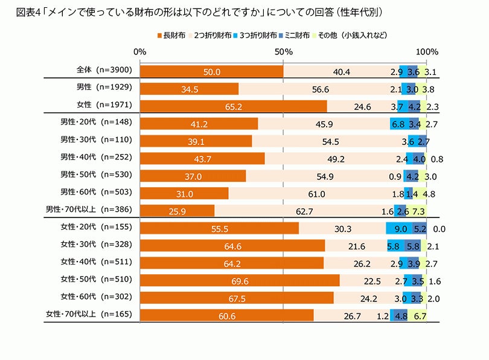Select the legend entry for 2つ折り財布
[212, 36]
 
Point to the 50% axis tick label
[283, 52]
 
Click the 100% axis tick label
[427, 52]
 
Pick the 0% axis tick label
[140, 52]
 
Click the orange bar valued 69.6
[240, 280]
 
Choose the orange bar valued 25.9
[177, 211]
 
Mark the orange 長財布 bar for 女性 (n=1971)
[233, 106]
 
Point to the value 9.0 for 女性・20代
[399, 228]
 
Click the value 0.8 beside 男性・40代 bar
[438, 159]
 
